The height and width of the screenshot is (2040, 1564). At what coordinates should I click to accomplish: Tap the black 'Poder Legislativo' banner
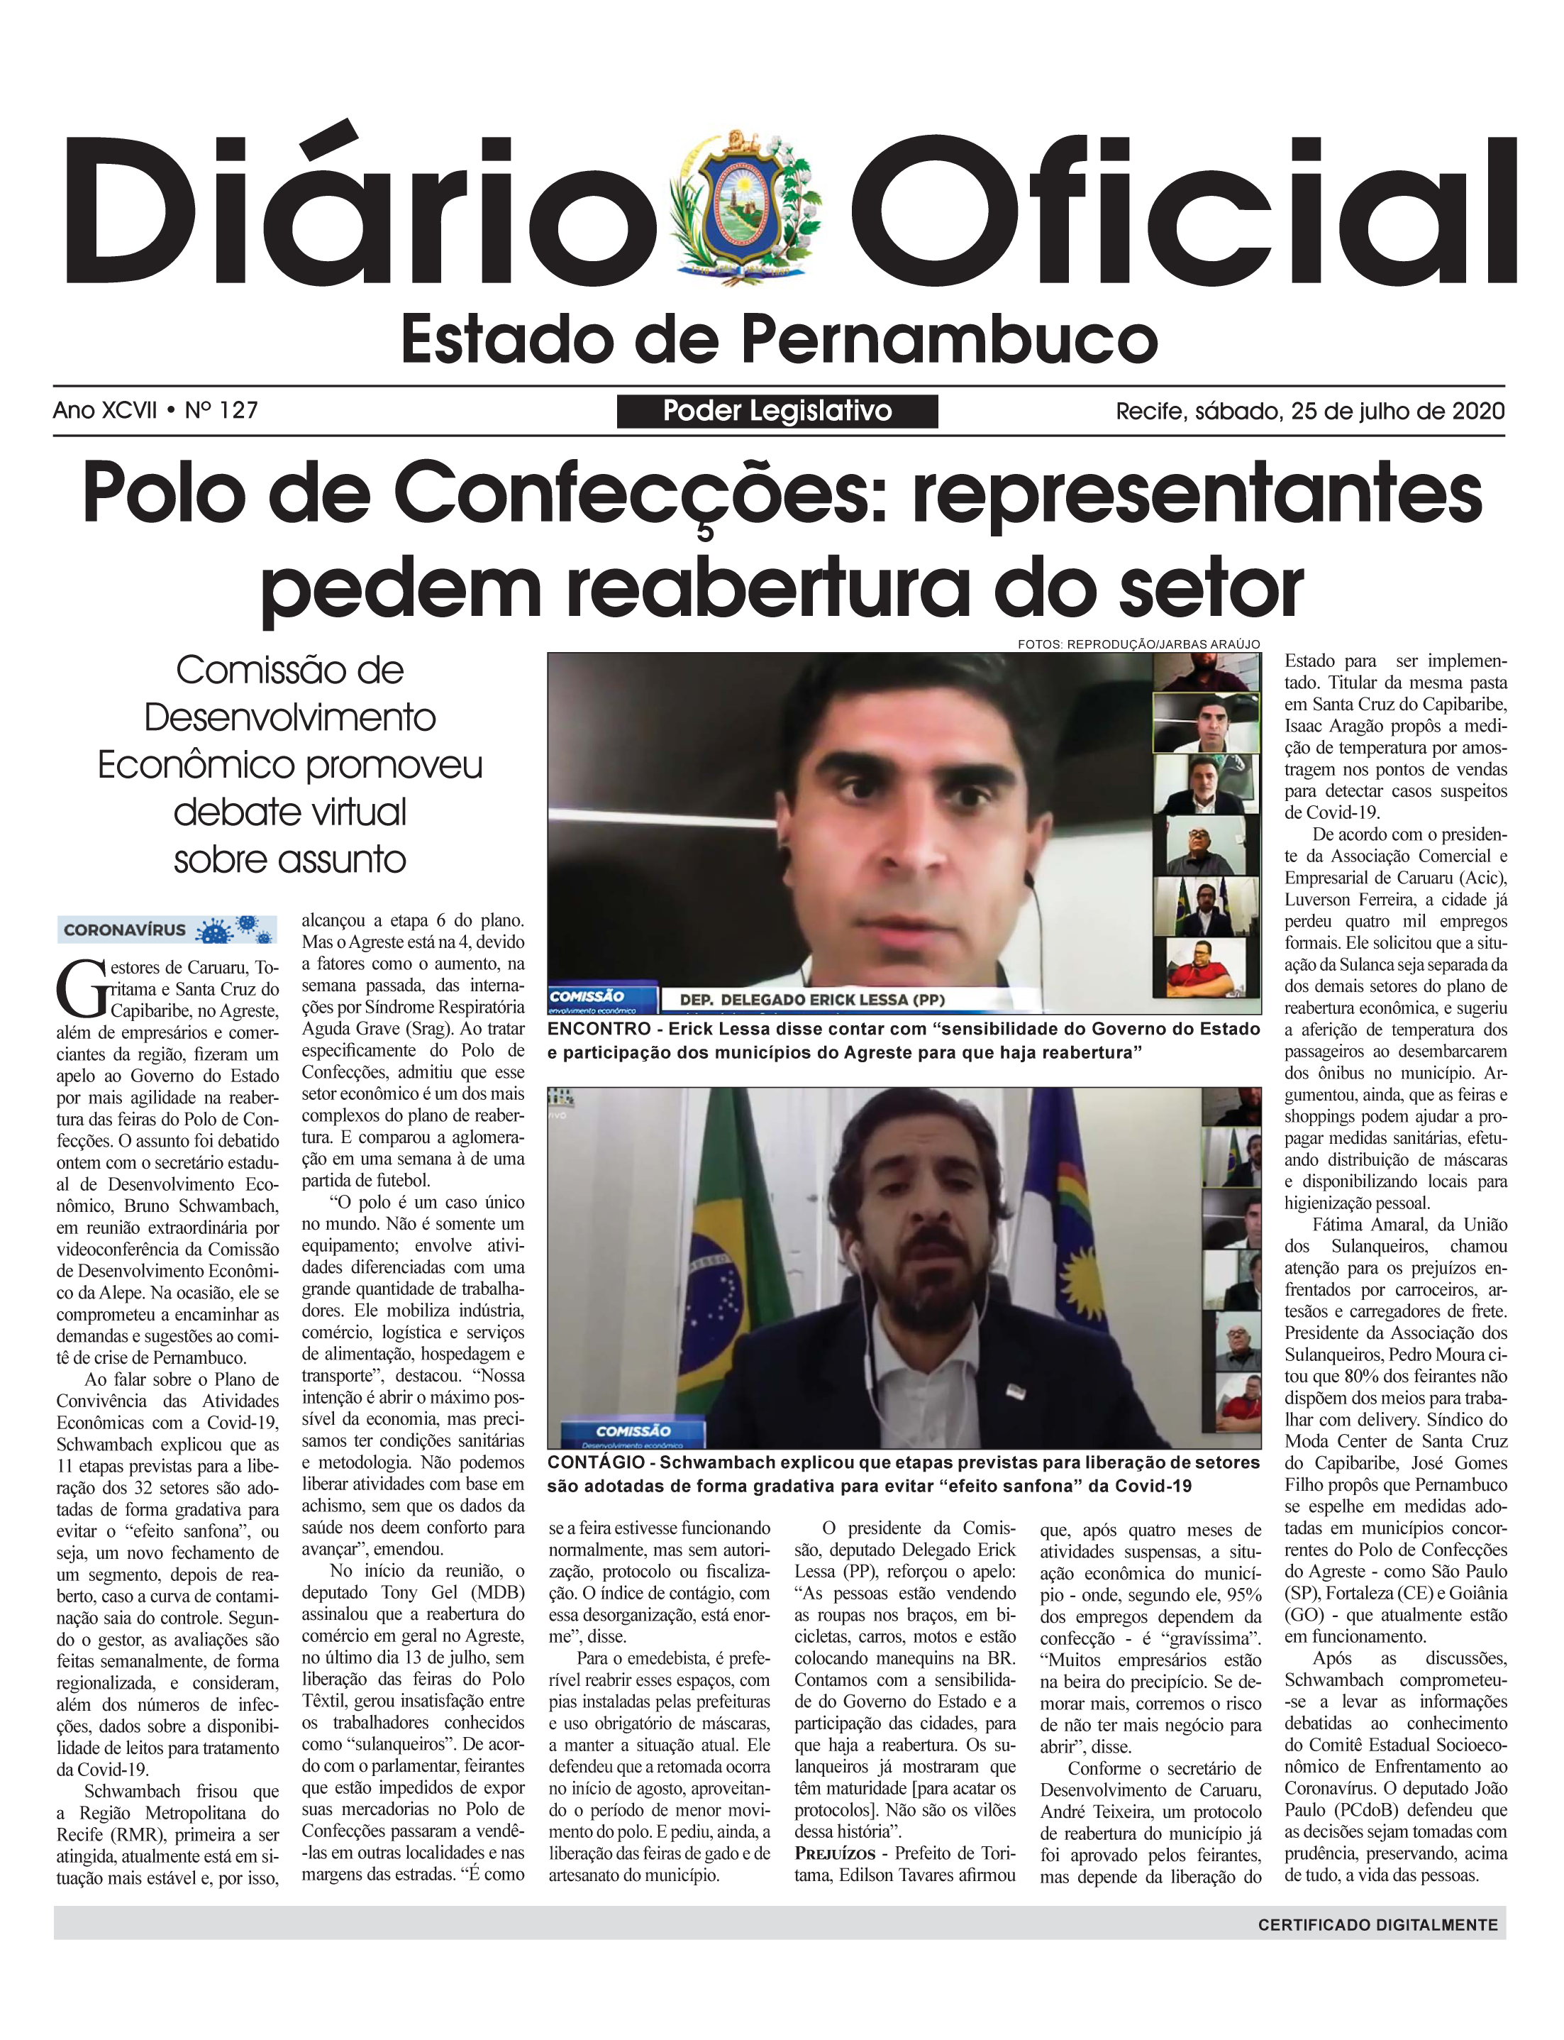tap(777, 411)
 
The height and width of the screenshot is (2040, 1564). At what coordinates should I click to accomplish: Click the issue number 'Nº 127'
tap(221, 409)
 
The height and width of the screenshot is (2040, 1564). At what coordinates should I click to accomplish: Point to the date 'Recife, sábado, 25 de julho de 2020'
tap(1310, 411)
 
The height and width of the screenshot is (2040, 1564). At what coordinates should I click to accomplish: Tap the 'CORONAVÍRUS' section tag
tap(125, 930)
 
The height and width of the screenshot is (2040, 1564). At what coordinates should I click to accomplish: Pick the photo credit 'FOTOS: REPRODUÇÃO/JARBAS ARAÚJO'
tap(1138, 644)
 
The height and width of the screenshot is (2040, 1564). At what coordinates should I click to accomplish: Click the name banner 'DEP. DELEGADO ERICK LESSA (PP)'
tap(811, 999)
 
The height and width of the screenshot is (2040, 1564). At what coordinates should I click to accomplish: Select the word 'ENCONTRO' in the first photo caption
tap(599, 1029)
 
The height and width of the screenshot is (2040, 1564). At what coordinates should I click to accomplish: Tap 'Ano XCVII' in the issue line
tap(104, 409)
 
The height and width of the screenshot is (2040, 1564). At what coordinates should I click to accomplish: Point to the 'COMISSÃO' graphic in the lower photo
tap(634, 1430)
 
